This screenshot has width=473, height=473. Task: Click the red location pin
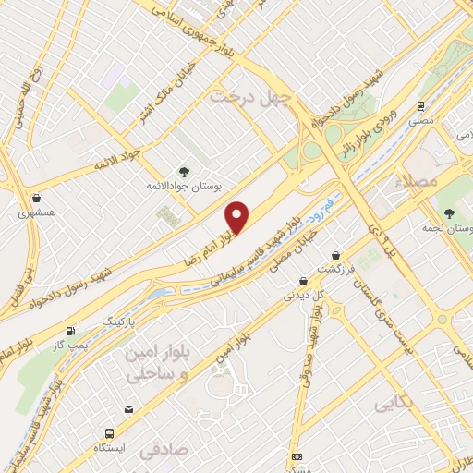238,218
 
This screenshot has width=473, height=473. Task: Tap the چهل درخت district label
251,96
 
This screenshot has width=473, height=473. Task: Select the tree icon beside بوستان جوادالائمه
183,171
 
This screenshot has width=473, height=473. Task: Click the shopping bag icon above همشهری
35,198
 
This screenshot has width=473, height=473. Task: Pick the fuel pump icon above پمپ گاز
70,331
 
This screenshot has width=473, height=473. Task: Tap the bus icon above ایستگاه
111,432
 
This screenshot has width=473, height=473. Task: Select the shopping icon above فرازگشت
334,254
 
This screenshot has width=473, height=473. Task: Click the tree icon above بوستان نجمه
450,213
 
